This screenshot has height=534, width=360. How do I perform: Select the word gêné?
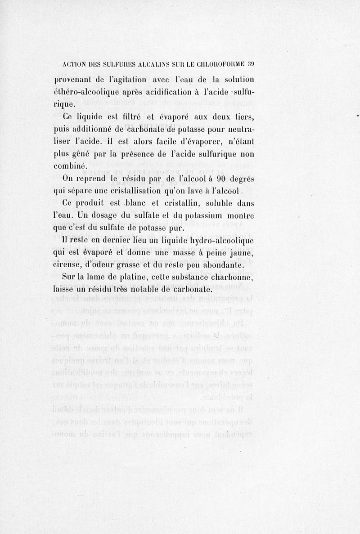click(x=82, y=154)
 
